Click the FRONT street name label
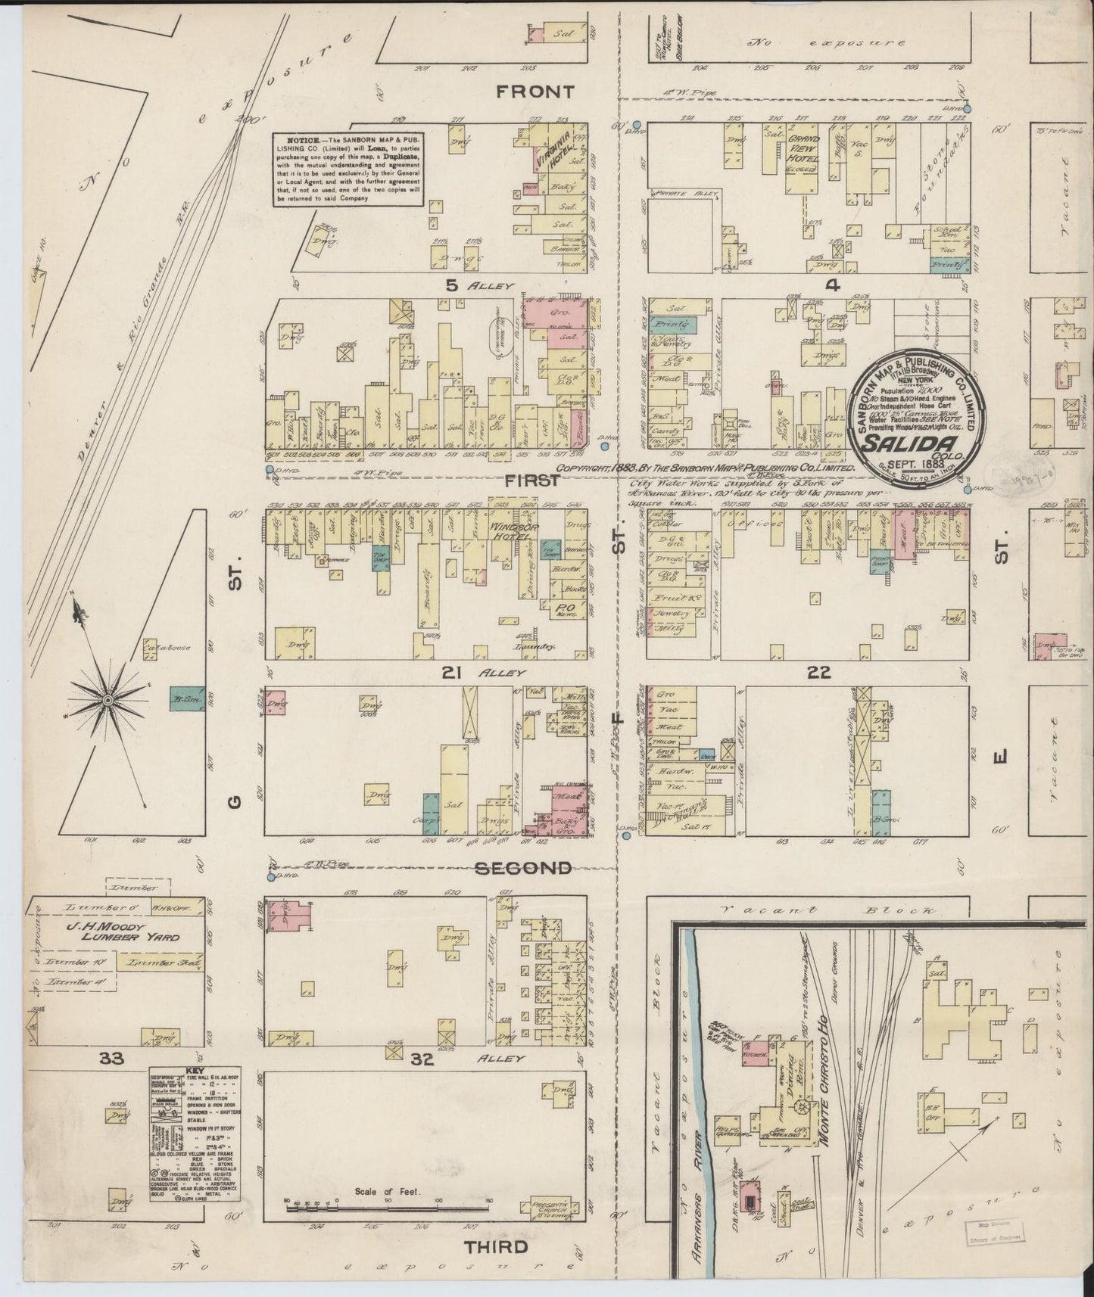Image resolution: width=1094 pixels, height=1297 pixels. click(x=535, y=92)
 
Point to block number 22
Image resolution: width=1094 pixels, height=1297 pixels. click(x=819, y=672)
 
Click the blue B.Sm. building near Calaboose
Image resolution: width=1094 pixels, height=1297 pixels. click(x=186, y=698)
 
